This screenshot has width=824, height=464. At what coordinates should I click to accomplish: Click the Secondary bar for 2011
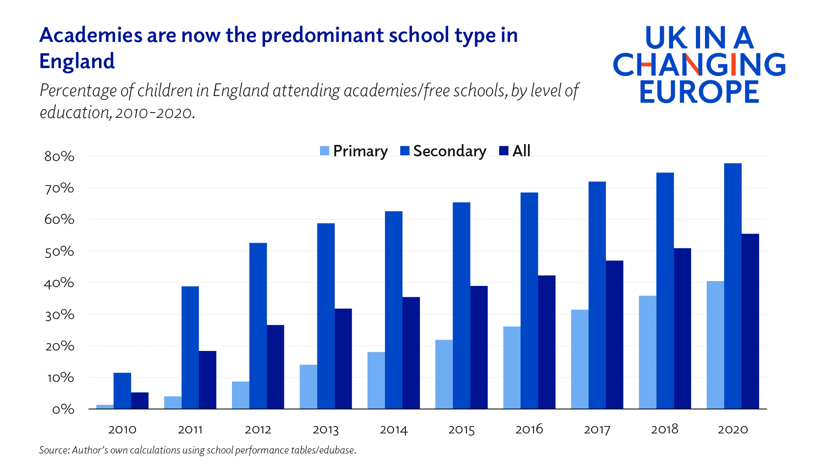pos(190,347)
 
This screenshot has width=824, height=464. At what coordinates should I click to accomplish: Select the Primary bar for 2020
pos(715,345)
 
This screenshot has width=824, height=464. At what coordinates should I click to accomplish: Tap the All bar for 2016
pos(547,342)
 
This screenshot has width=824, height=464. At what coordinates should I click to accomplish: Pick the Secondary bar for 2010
pos(122,391)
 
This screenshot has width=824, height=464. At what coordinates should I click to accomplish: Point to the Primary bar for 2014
pos(376,380)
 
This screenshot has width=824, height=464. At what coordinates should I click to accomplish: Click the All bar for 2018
pos(682,328)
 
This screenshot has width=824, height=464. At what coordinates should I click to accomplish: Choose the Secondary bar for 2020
pos(732,286)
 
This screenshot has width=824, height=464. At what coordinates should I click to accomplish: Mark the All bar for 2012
pos(275,367)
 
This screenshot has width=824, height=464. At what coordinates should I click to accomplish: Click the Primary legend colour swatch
pos(324,151)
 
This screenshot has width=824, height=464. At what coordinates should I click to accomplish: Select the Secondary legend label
pos(449,151)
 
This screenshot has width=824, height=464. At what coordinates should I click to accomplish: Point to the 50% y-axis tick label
pos(59,251)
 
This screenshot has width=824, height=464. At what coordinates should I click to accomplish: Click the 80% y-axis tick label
pos(59,156)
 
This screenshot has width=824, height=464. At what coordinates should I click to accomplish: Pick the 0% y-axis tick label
pos(63,409)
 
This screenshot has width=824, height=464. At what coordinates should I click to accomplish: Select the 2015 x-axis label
pos(461,430)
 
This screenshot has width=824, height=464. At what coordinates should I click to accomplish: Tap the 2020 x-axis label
pos(732,430)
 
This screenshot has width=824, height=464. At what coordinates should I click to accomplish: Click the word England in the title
pos(77,61)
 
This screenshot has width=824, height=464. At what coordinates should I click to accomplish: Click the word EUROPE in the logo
pos(699,92)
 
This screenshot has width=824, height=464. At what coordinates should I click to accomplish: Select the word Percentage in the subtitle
pos(79,91)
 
